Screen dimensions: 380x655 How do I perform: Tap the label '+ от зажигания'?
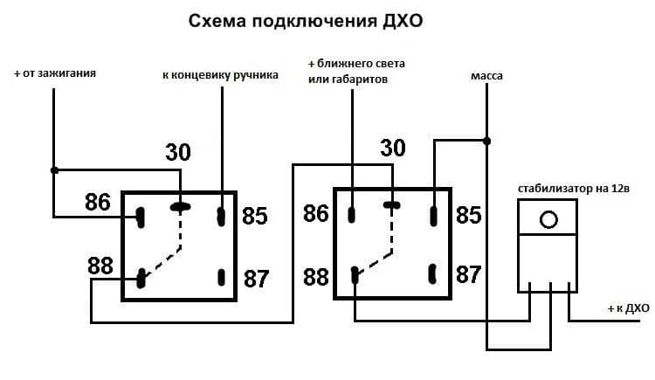(x=55, y=73)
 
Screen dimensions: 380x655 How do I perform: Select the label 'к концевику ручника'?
(x=221, y=75)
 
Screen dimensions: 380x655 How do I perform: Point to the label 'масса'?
(x=486, y=76)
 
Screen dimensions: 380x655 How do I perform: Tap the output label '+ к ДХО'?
(x=628, y=308)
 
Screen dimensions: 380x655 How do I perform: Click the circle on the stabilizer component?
(x=548, y=218)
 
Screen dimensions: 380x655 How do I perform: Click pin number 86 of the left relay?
(x=98, y=204)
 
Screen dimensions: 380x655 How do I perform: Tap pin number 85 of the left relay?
(x=254, y=215)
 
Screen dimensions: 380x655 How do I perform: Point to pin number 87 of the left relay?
(x=256, y=280)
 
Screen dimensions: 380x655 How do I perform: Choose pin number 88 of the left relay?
(x=101, y=266)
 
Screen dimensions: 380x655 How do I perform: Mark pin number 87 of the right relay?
(x=469, y=274)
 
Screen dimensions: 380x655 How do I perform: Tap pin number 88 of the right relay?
(x=316, y=278)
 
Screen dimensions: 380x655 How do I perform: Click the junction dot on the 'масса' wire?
(x=487, y=140)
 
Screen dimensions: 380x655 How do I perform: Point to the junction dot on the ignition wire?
(x=54, y=169)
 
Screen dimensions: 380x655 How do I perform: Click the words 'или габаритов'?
(x=347, y=79)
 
